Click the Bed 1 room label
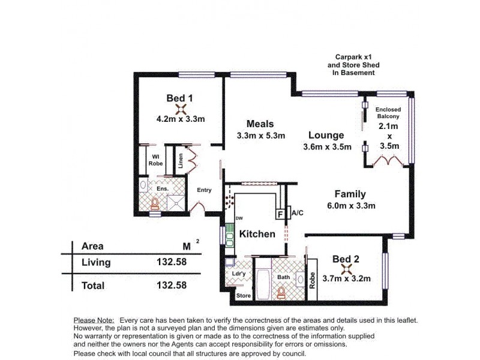(179, 98)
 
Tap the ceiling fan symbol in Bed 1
(179, 109)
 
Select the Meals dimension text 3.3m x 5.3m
(260, 136)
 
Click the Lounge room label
(326, 135)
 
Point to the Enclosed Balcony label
(388, 113)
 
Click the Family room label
(350, 194)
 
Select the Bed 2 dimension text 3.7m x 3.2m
(347, 278)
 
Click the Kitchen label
(257, 234)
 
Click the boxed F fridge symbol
(280, 213)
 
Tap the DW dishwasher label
(239, 218)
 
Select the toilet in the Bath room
(281, 292)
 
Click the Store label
(243, 296)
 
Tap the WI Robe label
(155, 161)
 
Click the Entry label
(205, 190)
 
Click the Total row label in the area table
(93, 286)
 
